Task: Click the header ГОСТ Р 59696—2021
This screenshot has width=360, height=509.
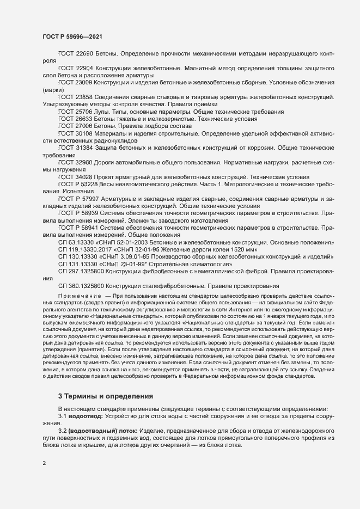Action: [71, 36]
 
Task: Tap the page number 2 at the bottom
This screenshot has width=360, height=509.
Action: [44, 464]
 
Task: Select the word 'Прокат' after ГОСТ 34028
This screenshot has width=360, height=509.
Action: [106, 177]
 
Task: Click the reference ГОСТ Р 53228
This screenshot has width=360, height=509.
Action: [78, 184]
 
